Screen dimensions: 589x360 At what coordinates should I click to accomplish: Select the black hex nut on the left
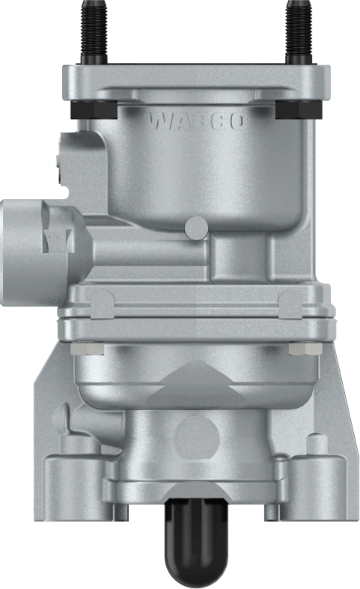click(87, 108)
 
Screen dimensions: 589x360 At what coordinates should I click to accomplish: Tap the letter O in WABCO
click(234, 121)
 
